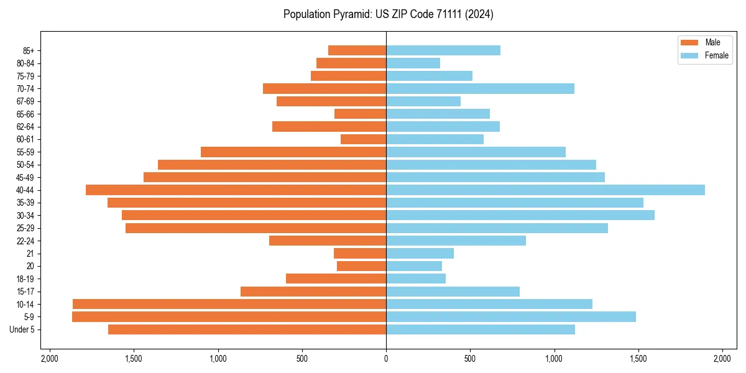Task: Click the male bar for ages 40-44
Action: (236, 190)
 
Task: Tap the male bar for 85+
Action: (357, 50)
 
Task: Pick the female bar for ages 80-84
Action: (413, 63)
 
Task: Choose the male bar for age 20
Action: (361, 266)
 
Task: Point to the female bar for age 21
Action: (420, 253)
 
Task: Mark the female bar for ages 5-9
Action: (510, 316)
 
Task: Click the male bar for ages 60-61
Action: (363, 139)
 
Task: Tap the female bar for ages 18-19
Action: (416, 279)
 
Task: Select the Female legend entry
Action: (704, 55)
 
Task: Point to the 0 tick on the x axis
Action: (386, 359)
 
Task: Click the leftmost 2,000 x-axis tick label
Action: (50, 359)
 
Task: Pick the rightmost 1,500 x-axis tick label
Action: (638, 359)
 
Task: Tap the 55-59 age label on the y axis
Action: (25, 152)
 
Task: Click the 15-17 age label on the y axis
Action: (25, 291)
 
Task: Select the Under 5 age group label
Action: (22, 329)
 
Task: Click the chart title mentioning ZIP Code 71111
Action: (388, 14)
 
